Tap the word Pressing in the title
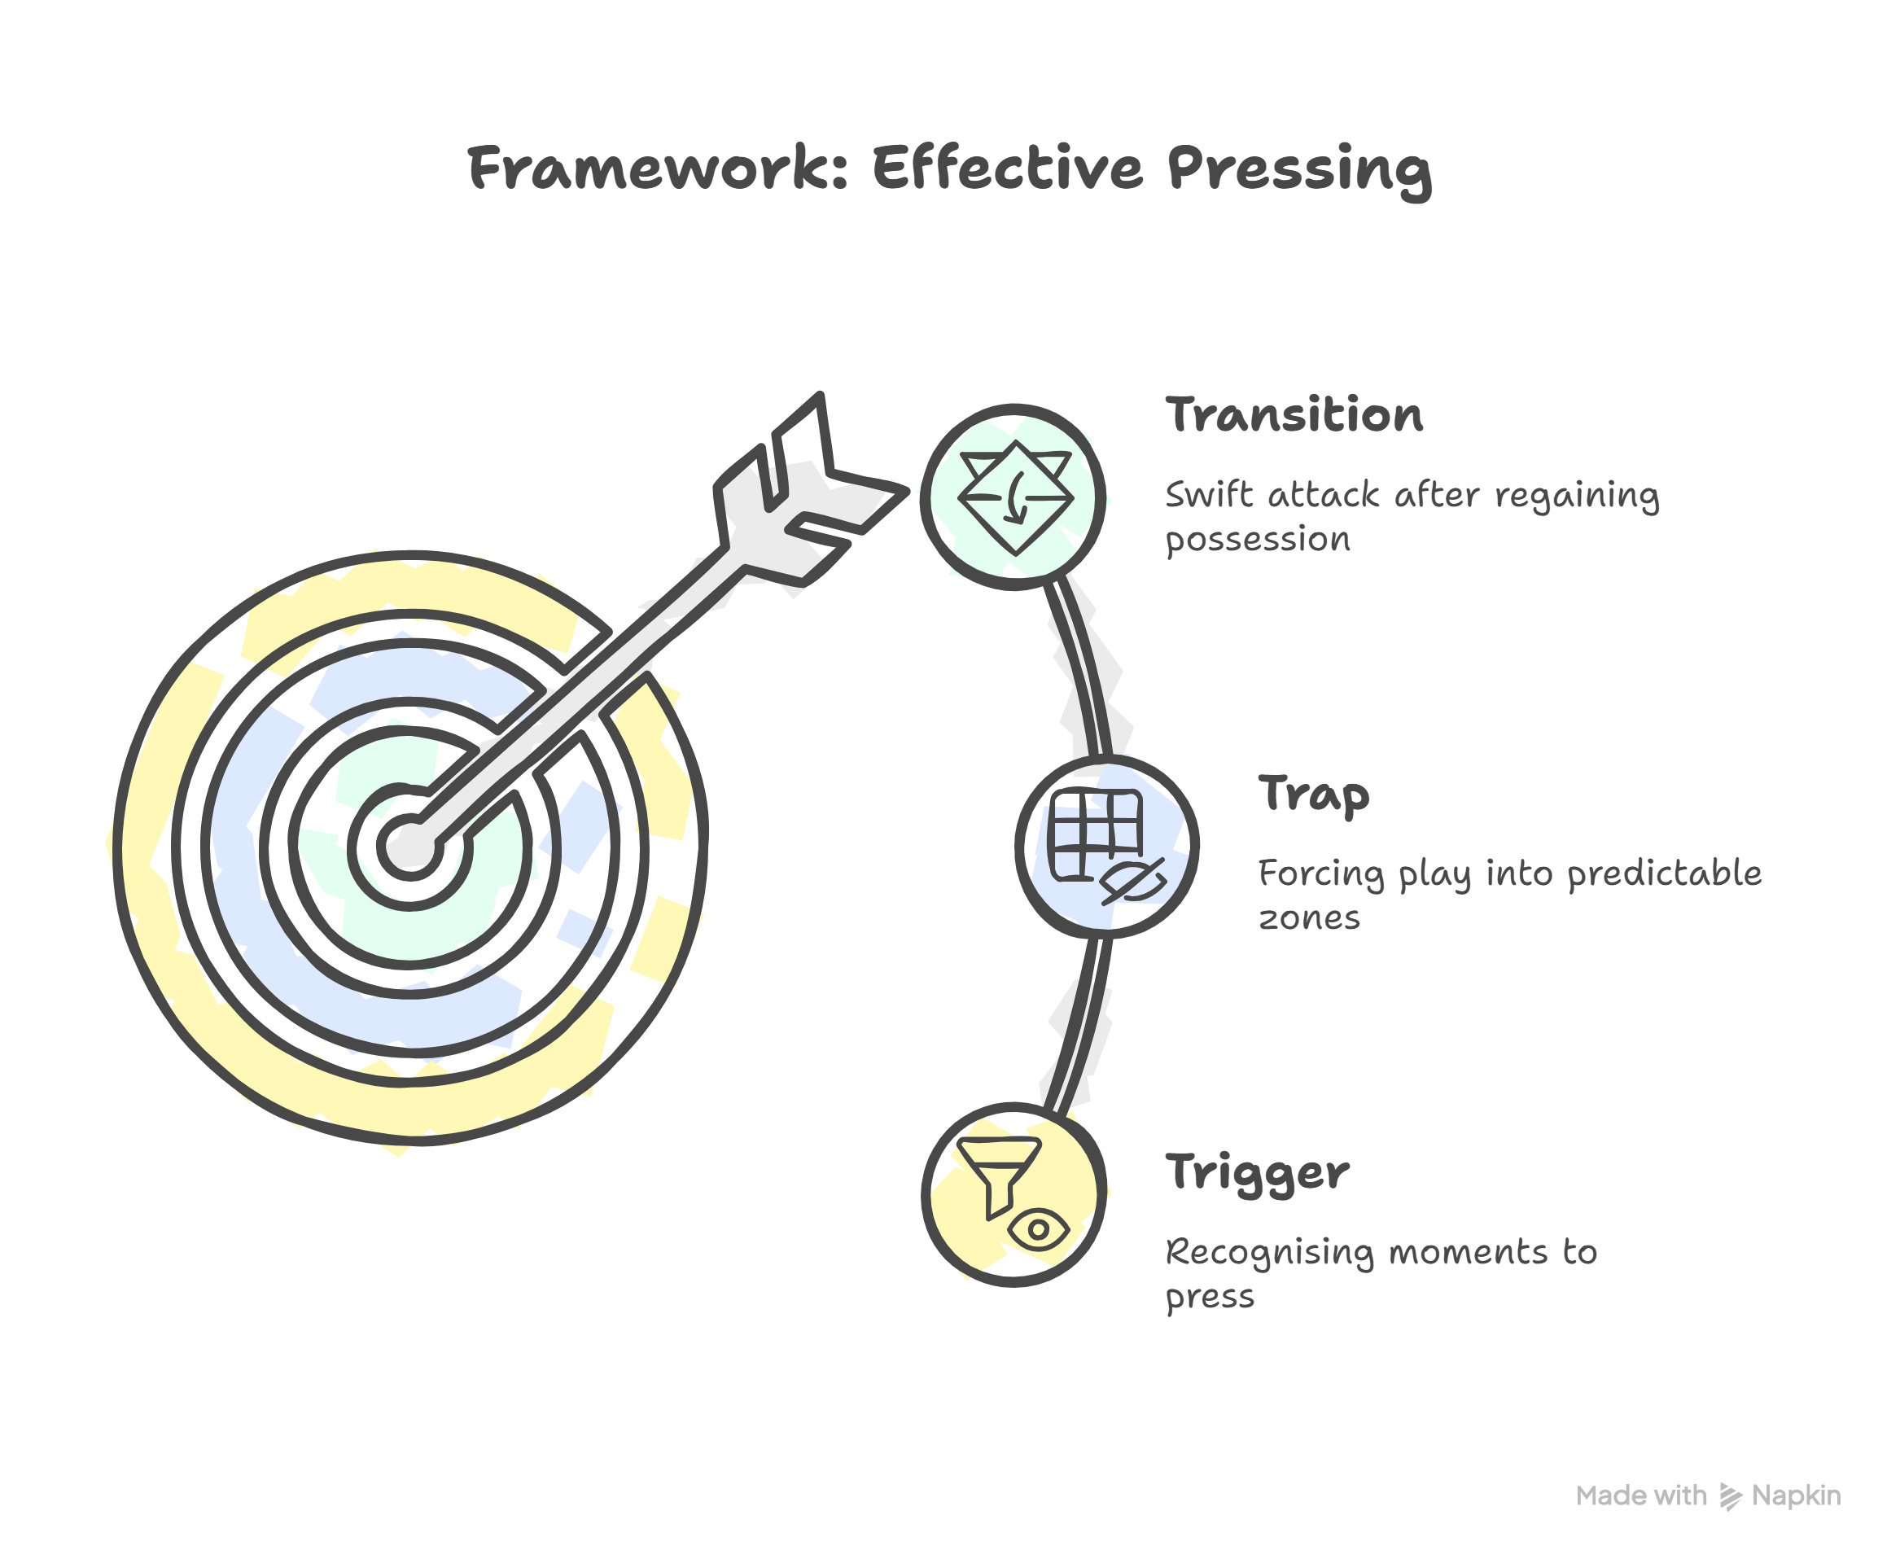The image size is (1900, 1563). tap(1298, 169)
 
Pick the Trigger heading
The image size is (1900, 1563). tap(1257, 1172)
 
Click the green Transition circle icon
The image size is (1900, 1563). tap(1013, 497)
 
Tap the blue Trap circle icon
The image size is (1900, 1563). tap(1106, 847)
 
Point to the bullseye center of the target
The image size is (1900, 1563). tap(409, 846)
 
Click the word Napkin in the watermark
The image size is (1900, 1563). tap(1796, 1495)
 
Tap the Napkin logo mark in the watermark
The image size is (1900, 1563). tap(1730, 1496)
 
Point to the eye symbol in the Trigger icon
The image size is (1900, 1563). tap(1037, 1230)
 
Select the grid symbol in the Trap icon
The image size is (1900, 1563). tap(1096, 834)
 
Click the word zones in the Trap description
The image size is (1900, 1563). tap(1308, 918)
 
